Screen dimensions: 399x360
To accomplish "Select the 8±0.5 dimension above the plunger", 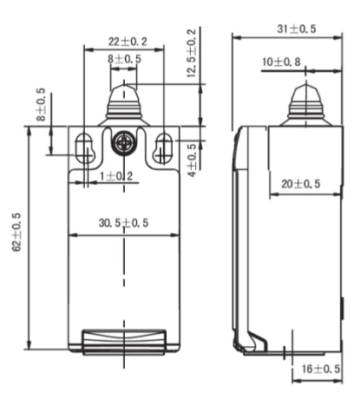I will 124,58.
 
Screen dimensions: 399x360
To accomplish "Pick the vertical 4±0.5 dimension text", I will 192,159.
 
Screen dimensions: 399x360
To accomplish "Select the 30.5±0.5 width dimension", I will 124,224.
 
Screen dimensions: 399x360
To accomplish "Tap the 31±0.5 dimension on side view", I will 296,29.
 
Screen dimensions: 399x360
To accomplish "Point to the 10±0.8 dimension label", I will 281,62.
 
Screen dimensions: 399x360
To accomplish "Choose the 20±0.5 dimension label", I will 300,184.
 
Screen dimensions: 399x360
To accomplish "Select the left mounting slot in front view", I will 85,147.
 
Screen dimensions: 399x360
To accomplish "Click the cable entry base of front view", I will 124,342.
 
